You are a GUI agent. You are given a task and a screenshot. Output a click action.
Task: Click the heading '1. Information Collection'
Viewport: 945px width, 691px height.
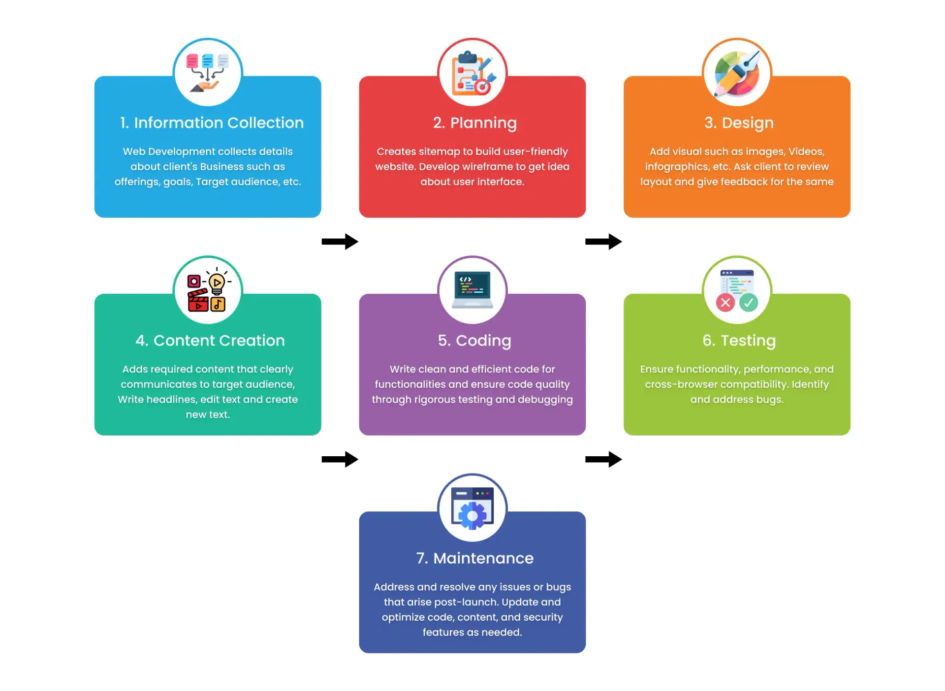212,123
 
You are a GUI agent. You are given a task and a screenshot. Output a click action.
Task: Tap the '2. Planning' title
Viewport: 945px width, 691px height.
474,123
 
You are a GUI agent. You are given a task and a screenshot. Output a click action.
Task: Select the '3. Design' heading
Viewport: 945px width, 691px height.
738,123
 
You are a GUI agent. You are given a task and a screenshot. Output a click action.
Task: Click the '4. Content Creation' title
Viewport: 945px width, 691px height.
210,340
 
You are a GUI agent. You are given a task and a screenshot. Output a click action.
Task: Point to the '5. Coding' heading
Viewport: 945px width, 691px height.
474,340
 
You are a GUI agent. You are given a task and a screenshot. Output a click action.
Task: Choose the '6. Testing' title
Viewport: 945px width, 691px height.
738,340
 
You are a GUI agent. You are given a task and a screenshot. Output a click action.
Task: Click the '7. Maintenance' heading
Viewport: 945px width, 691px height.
474,558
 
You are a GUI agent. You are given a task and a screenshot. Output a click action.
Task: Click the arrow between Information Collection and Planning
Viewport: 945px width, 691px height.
340,242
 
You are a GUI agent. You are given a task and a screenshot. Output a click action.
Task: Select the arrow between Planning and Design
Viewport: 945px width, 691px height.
603,242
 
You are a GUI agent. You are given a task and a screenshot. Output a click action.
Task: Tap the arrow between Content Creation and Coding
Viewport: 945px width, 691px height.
340,459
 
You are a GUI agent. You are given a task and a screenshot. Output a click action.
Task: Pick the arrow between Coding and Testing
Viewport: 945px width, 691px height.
603,459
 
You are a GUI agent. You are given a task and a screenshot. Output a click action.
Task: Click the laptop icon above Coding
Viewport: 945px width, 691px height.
472,289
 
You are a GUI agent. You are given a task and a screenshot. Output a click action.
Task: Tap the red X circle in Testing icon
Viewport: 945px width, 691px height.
725,303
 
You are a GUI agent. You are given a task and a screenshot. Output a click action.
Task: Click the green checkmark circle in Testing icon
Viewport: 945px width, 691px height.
749,303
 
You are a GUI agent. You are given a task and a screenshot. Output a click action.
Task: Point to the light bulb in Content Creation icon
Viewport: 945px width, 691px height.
217,283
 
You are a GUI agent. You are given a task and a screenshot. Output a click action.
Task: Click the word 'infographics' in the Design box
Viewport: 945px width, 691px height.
677,167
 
